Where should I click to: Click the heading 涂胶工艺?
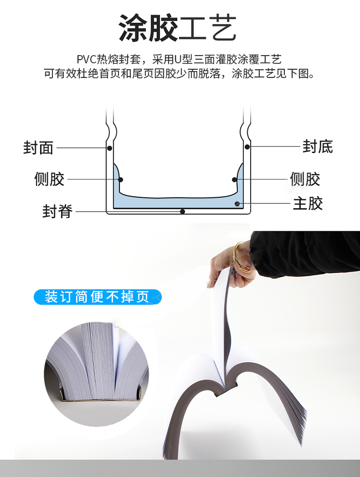[x=178, y=28]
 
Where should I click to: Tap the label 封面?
[x=38, y=147]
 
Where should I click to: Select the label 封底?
[x=317, y=146]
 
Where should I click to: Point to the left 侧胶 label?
[x=49, y=179]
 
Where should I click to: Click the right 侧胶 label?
[x=305, y=179]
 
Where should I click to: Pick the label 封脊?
[x=58, y=211]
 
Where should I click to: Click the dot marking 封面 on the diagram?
[x=109, y=148]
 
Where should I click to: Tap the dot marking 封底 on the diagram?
[x=247, y=147]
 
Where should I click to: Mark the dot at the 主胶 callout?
[x=237, y=203]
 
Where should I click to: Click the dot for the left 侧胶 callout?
[x=120, y=179]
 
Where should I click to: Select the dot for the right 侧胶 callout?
[x=234, y=179]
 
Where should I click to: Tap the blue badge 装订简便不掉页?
[x=97, y=297]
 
